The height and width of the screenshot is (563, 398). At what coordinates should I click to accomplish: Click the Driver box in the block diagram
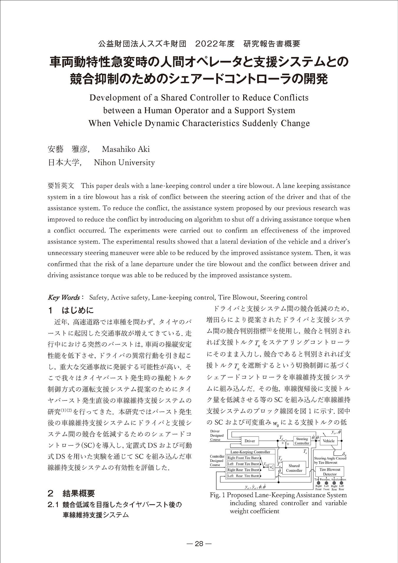click(x=250, y=441)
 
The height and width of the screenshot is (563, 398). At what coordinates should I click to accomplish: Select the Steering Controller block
click(x=302, y=441)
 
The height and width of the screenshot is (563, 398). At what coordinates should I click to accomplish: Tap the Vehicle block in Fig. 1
click(x=328, y=441)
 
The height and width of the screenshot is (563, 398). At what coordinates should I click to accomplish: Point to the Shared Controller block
click(x=294, y=468)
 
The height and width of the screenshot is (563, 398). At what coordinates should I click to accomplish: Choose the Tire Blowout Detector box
click(x=330, y=472)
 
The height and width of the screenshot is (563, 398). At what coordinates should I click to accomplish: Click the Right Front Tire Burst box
click(x=243, y=458)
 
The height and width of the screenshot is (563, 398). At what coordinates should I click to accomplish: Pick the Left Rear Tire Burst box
click(x=243, y=476)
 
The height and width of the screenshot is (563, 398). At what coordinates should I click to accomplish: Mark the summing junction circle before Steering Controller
click(x=285, y=441)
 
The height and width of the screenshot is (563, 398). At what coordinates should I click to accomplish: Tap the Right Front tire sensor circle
click(x=318, y=483)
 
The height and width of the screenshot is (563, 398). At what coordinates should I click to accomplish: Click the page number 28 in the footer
click(x=199, y=544)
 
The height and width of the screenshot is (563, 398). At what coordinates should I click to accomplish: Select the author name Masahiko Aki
click(x=126, y=149)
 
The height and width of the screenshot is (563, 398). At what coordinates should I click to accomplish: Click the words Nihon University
click(x=124, y=163)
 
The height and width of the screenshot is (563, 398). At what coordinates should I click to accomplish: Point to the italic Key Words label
click(x=64, y=297)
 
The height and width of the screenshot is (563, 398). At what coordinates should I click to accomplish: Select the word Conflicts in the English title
click(x=291, y=98)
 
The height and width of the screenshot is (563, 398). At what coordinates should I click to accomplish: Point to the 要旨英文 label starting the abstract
click(x=61, y=186)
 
